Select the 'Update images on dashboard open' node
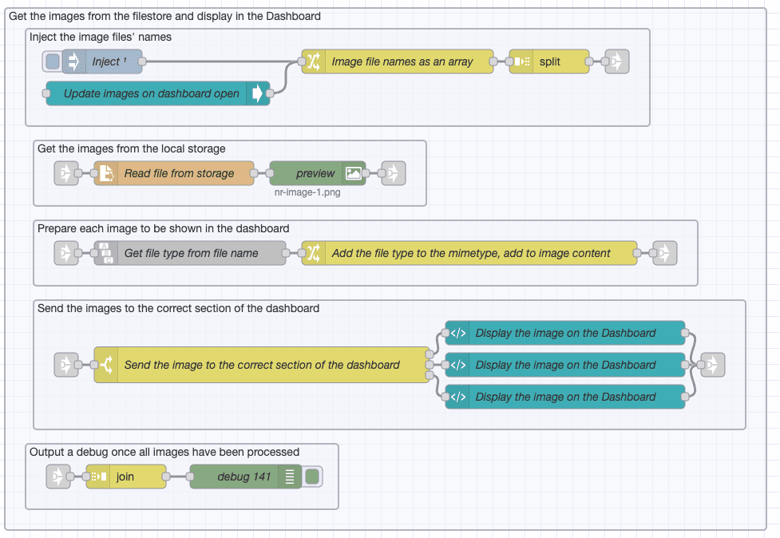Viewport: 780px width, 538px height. tap(151, 93)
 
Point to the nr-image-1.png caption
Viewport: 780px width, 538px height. tap(307, 192)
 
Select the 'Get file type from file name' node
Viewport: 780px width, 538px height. tap(191, 253)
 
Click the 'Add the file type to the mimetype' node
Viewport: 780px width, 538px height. tap(471, 253)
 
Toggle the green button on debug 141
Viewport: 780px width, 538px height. tap(312, 477)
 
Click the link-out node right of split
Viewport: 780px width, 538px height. tap(616, 61)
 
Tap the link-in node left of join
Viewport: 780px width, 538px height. tap(58, 477)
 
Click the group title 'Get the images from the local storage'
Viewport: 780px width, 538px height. tap(132, 148)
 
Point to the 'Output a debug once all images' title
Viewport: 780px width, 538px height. tap(164, 452)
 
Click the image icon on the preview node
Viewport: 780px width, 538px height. tap(354, 173)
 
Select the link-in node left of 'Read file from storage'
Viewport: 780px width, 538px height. tap(66, 173)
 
